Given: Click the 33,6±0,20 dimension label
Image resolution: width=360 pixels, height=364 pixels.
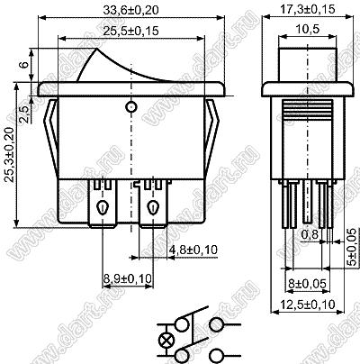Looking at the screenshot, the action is coord(130,10).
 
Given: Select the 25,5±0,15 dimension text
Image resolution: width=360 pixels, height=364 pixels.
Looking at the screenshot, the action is coord(130,31).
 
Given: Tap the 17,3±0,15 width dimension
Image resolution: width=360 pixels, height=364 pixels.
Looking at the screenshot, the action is coord(308,9).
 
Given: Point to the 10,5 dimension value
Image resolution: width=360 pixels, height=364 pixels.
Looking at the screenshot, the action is coord(308,30).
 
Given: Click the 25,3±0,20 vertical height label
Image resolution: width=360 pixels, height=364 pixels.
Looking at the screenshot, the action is coord(10,155).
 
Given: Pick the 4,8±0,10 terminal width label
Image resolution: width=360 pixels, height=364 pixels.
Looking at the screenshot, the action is coord(193,250).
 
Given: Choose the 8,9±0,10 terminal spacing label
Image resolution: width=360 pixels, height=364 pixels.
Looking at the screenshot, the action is coord(128,278).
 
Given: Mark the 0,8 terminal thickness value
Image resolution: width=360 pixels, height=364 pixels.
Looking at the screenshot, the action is coord(310,234).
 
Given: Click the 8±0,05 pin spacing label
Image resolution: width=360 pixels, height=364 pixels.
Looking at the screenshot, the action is coord(307,283).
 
